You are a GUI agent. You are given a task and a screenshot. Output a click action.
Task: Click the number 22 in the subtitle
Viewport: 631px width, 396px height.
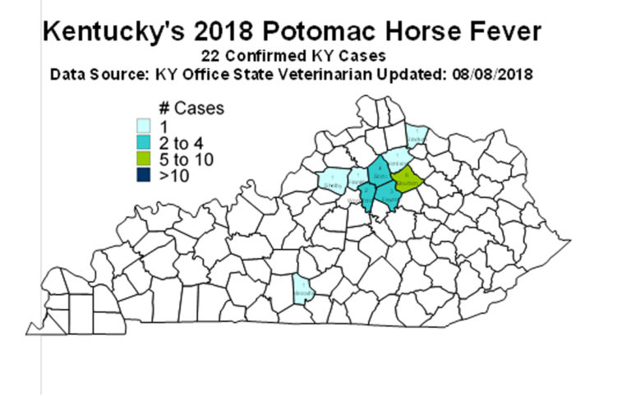coord(209,56)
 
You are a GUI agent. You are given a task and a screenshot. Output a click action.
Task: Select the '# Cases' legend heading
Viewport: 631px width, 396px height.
coord(190,108)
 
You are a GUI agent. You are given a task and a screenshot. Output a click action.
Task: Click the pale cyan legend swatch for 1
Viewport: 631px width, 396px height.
coord(143,126)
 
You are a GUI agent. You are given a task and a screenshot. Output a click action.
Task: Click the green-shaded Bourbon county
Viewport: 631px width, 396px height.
coord(406,180)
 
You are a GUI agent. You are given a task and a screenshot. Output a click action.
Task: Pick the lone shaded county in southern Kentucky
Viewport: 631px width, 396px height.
coord(302,289)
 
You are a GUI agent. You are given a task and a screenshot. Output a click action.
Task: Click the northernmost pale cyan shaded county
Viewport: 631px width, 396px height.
coord(417,136)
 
